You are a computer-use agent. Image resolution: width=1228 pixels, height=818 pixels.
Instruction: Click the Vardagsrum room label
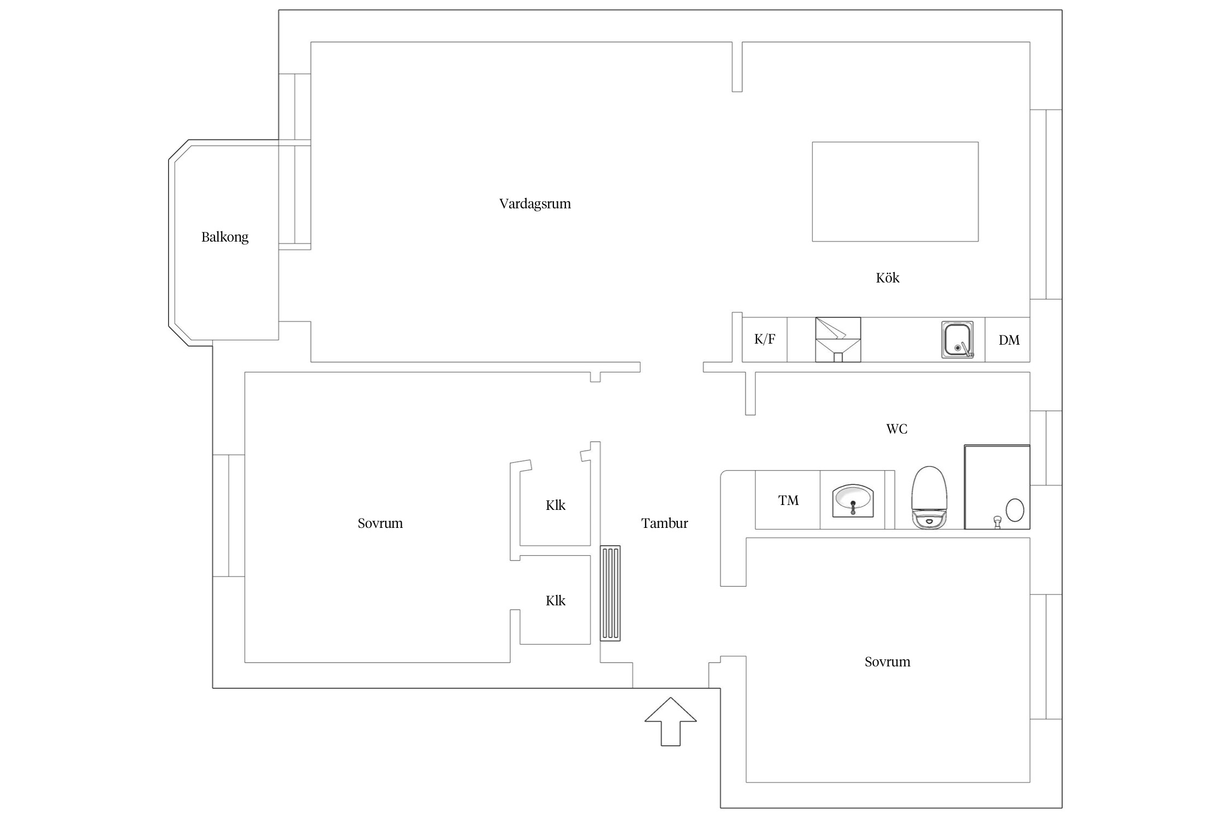(535, 204)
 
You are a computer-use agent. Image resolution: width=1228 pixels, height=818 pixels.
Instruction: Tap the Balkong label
(225, 237)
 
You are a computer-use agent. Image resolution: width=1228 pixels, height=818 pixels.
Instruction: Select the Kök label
(887, 278)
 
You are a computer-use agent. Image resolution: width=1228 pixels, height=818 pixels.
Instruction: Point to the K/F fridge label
(765, 339)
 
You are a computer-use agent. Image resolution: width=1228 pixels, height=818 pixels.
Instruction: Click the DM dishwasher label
(1009, 340)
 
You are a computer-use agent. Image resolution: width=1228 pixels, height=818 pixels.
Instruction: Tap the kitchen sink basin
(957, 340)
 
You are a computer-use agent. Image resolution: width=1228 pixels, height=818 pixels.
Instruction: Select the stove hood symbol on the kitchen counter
(838, 339)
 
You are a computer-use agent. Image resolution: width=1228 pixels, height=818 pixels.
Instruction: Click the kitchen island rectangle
(895, 191)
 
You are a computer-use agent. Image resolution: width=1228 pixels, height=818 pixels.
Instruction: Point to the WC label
(897, 429)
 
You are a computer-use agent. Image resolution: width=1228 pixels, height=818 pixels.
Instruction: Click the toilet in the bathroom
(929, 498)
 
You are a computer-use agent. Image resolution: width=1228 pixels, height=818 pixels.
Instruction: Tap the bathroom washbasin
(853, 500)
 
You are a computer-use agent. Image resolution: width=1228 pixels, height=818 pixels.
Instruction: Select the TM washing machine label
(788, 501)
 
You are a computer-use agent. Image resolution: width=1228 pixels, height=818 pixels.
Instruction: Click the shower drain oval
(1015, 510)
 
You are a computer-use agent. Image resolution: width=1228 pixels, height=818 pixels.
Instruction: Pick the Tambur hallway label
(664, 524)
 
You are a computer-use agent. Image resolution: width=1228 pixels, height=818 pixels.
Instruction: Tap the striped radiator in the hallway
(610, 593)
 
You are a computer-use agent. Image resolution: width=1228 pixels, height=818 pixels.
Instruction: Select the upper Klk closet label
(556, 506)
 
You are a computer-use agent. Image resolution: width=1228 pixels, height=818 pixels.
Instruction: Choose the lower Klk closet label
(556, 601)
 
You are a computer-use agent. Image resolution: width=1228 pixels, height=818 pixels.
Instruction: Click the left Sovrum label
(380, 524)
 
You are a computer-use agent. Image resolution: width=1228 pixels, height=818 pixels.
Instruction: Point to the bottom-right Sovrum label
(887, 662)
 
